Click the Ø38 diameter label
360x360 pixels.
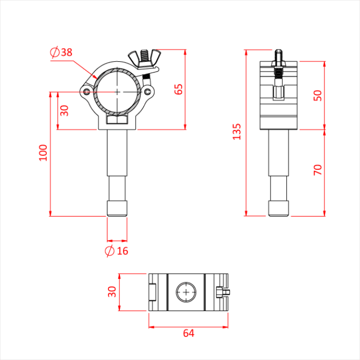click(61, 52)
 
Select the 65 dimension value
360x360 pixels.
click(178, 89)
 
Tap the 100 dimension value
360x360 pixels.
click(43, 153)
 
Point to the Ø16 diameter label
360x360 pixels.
click(116, 251)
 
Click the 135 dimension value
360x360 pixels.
click(237, 132)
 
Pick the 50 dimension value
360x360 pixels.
click(317, 96)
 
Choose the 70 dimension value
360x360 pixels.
click(317, 170)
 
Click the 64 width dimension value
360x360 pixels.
click(189, 333)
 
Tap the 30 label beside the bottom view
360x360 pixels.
click(112, 292)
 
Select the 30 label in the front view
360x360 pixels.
click(64, 111)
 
